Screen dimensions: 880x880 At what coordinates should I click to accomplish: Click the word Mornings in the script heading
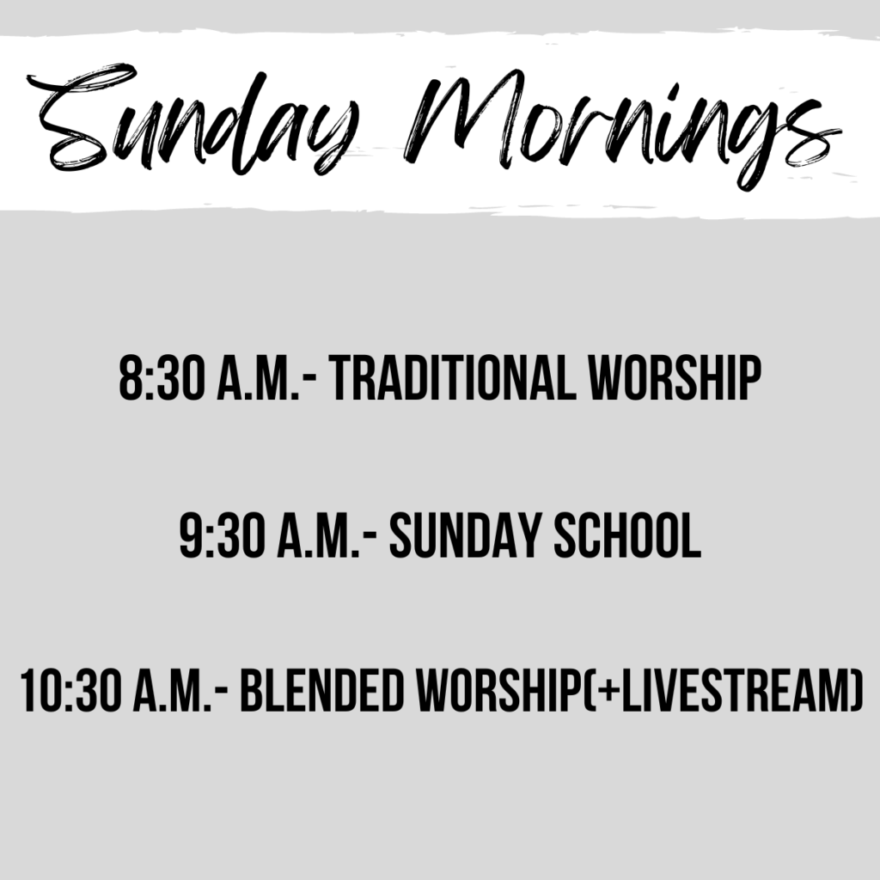click(x=623, y=129)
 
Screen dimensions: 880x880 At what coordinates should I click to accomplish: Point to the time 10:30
click(x=70, y=690)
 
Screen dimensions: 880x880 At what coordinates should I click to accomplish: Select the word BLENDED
click(x=323, y=690)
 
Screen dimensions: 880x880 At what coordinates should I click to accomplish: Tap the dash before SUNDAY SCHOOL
click(x=370, y=539)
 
